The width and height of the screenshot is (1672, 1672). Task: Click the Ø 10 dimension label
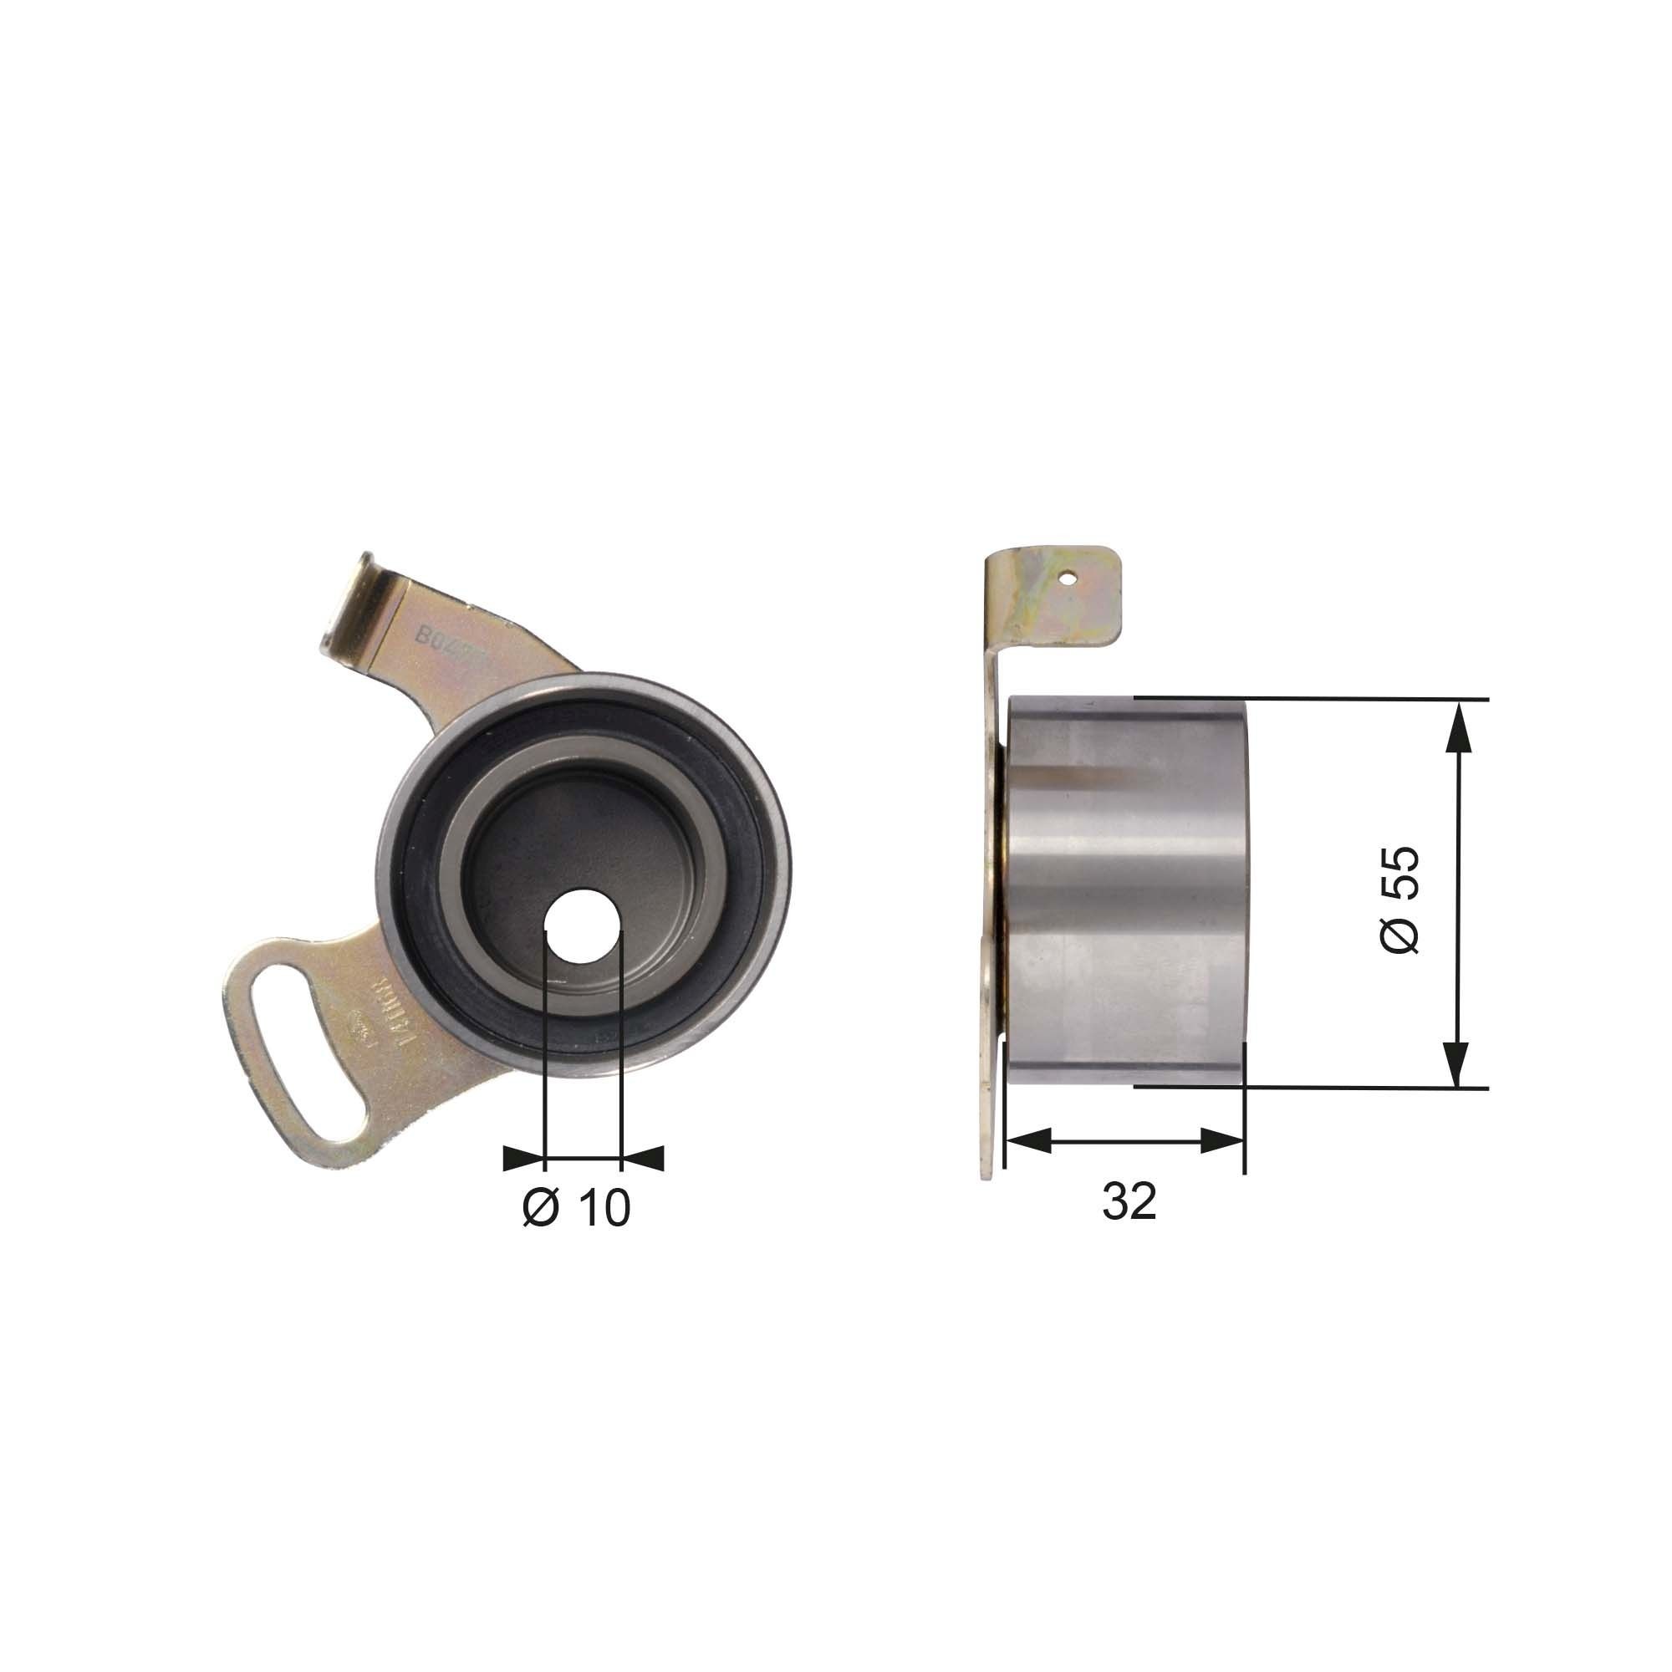[x=576, y=1206]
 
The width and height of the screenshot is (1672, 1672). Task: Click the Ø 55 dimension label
[x=1399, y=900]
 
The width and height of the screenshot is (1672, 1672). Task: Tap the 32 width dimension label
[x=1129, y=1201]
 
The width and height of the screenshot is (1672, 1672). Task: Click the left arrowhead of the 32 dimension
[x=1030, y=1139]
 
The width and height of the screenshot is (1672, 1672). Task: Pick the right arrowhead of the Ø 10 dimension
[x=642, y=1157]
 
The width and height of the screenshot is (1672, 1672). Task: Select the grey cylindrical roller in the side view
[x=1125, y=891]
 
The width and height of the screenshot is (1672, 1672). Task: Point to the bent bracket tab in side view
[x=1052, y=597]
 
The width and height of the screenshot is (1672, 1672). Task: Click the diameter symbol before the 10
[x=541, y=1206]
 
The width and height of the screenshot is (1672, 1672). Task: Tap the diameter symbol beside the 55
[x=1399, y=936]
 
